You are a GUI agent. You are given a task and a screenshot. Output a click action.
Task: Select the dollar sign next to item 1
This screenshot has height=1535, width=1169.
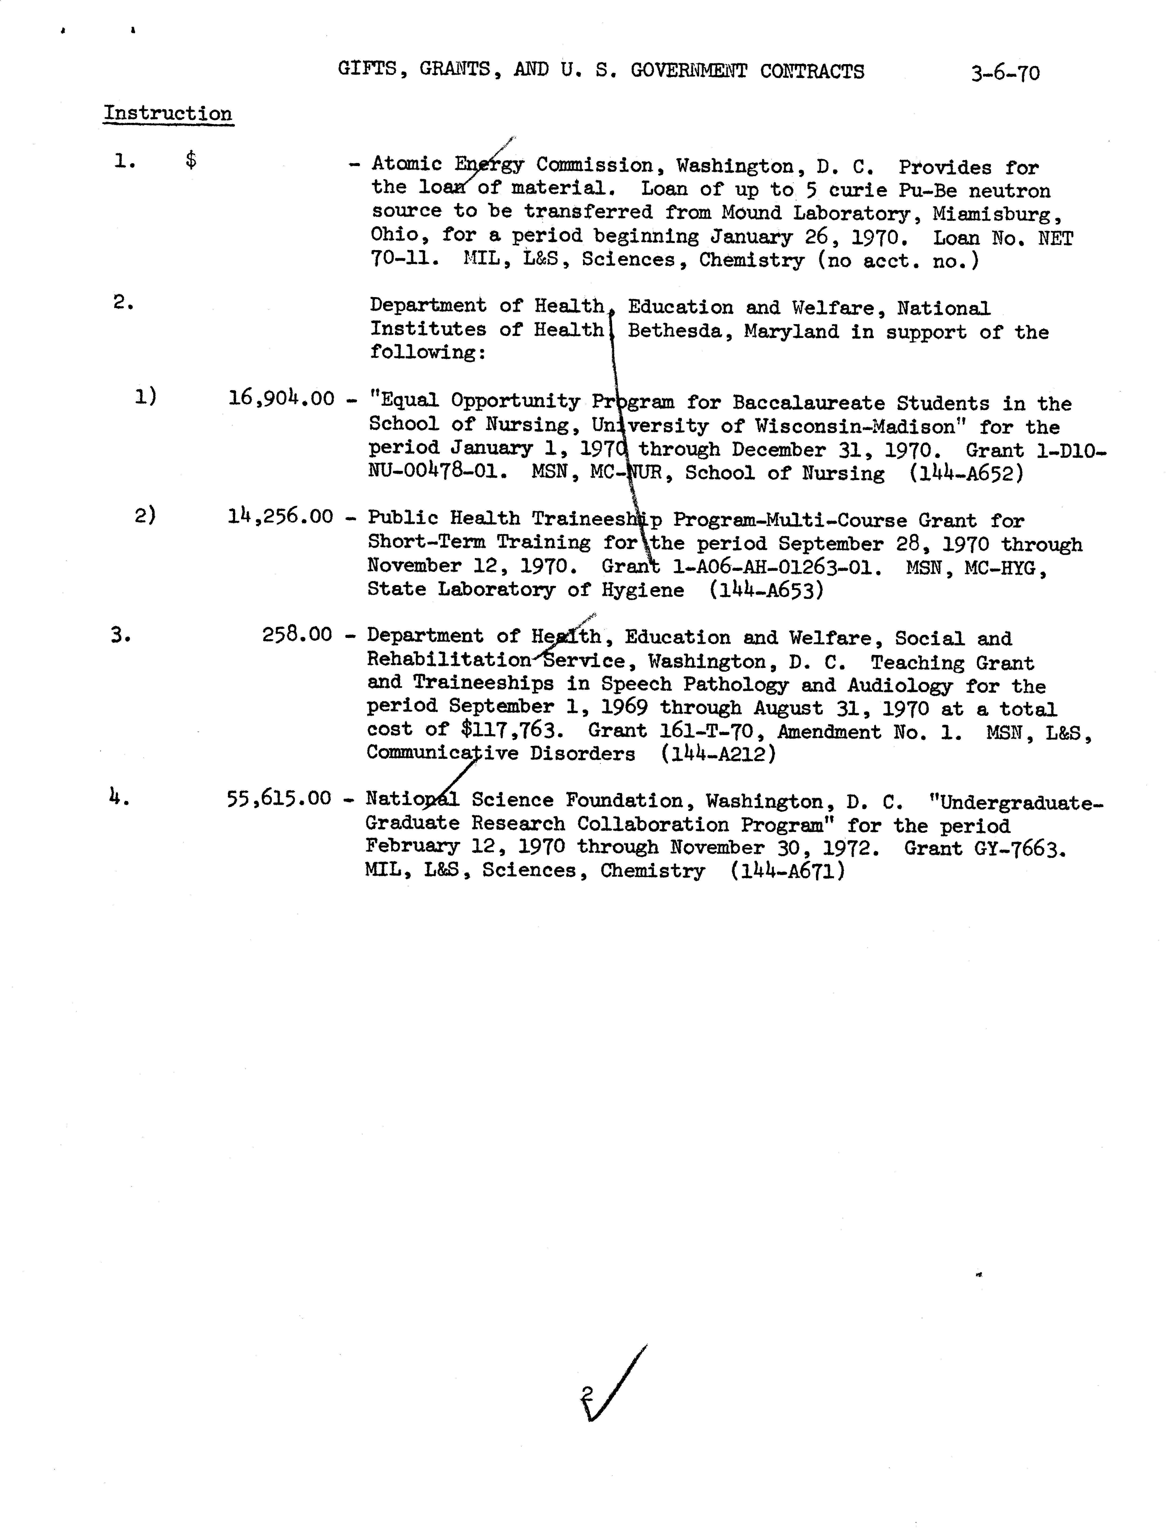[191, 161]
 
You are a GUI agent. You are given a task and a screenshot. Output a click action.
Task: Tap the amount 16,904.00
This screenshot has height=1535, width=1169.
[281, 399]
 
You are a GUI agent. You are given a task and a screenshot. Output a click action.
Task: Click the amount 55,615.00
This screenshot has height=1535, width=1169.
[279, 799]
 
